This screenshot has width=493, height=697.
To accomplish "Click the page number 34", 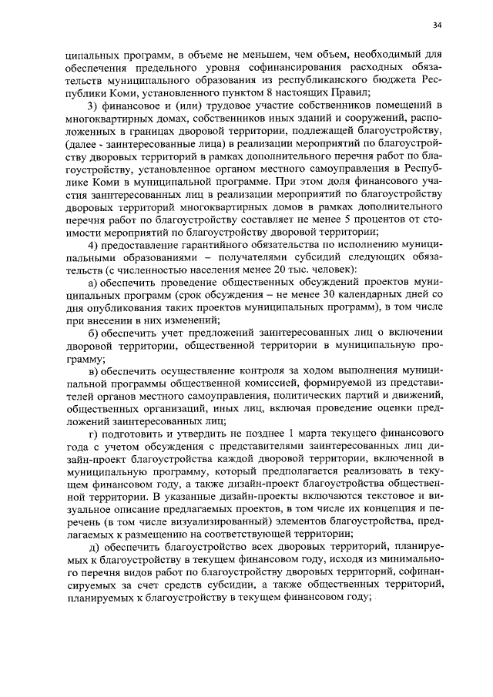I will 437,25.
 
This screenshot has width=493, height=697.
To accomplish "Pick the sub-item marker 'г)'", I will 92,434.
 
